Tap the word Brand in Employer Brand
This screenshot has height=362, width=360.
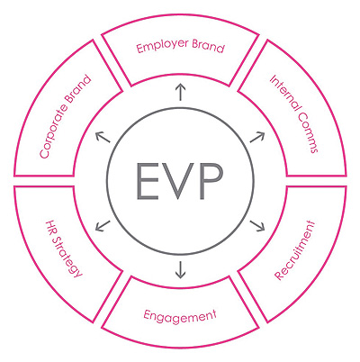click(x=208, y=47)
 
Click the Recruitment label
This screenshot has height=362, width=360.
click(x=294, y=250)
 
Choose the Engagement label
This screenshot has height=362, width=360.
click(x=180, y=316)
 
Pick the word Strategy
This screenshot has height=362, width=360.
click(x=67, y=258)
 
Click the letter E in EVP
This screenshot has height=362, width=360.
click(x=148, y=181)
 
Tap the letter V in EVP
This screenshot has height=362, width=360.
click(x=179, y=181)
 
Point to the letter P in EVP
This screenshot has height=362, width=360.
click(x=211, y=181)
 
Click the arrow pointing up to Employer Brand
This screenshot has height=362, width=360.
click(x=180, y=93)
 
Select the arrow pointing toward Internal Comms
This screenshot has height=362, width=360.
click(x=257, y=137)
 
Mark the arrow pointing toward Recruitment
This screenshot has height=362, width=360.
click(x=257, y=226)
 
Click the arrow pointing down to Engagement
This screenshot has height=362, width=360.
click(x=180, y=269)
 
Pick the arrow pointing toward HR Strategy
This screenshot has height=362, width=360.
click(x=103, y=226)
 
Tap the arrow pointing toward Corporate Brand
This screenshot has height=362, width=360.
click(x=103, y=137)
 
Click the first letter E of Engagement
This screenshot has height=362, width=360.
click(x=147, y=315)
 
